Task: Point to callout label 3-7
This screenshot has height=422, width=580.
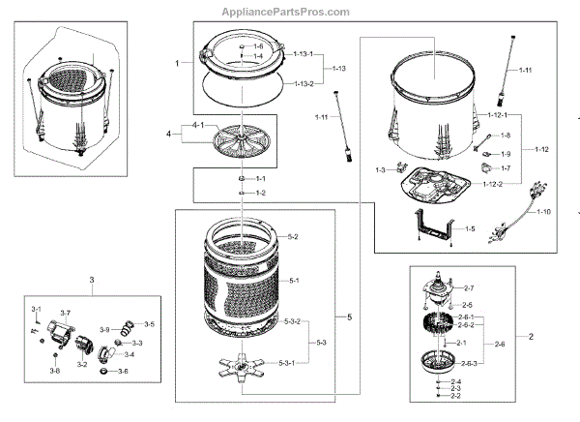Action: [x=65, y=313]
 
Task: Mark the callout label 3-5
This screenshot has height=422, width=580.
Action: [x=149, y=324]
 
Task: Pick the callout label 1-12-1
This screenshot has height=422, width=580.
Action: [x=496, y=115]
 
